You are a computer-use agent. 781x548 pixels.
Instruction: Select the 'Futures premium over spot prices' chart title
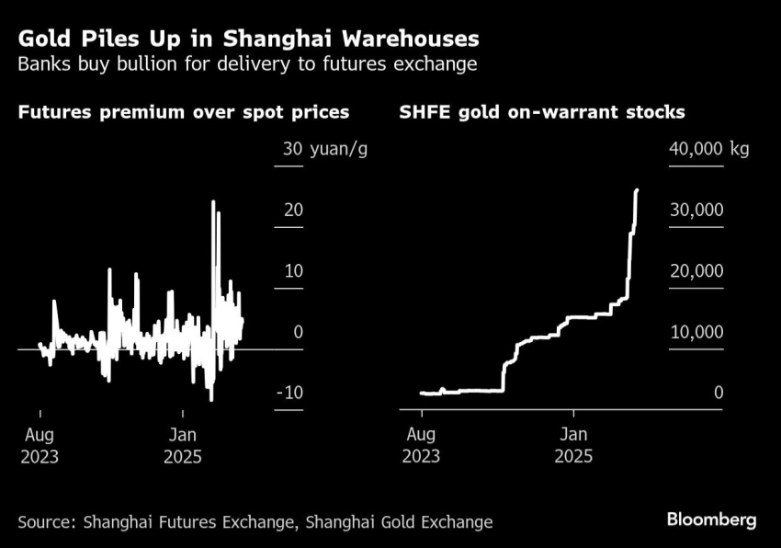[183, 113]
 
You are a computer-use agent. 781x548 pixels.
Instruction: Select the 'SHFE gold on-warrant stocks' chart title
[542, 113]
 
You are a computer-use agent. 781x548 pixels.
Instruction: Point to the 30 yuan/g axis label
[325, 149]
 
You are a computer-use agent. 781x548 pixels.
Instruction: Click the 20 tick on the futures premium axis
[293, 210]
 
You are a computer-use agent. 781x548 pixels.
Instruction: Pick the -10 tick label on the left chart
[290, 394]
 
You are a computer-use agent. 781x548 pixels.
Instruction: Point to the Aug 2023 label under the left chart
[40, 445]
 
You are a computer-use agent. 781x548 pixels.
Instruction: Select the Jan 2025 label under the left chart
[182, 445]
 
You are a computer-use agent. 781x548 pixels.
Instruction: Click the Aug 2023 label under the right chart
[422, 445]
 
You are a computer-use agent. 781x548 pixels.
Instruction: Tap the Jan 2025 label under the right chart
[573, 445]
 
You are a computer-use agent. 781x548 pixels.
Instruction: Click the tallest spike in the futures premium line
[213, 201]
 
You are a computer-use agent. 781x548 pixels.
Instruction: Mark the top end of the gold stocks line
[637, 191]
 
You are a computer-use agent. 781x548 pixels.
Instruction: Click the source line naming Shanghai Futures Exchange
[255, 521]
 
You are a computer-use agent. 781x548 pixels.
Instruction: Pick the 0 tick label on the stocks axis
[719, 394]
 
